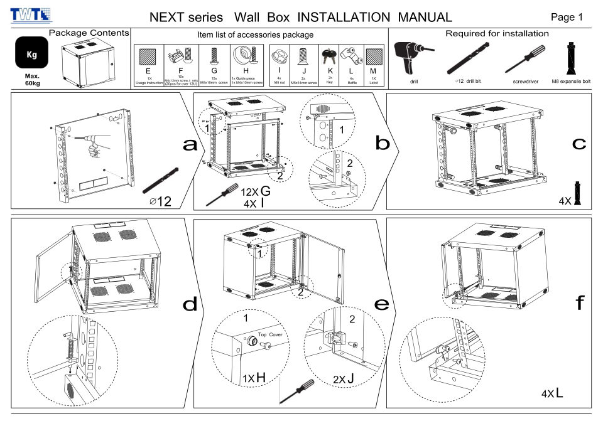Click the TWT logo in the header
coord(31,16)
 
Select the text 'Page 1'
coord(567,17)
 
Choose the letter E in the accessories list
coord(149,70)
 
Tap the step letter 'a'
coord(189,145)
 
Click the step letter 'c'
coord(579,144)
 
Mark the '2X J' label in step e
coord(345,380)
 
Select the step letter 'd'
coord(189,305)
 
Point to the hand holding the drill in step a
coord(94,149)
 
